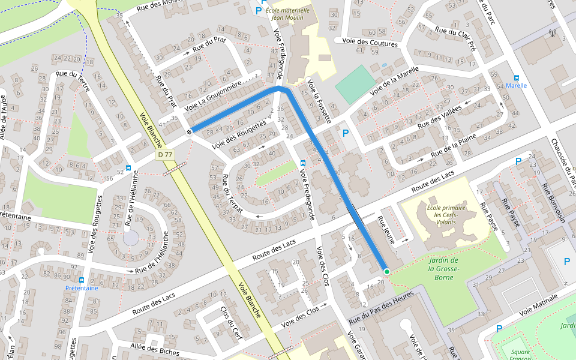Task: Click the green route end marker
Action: [387, 272]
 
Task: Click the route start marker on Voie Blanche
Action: [190, 131]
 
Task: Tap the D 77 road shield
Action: [165, 155]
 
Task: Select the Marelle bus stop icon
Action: [517, 77]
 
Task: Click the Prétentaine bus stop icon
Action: [82, 280]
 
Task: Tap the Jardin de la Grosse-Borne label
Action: [443, 268]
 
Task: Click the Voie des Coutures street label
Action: [370, 43]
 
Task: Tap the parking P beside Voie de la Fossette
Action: [346, 133]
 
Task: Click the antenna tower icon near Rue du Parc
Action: [552, 34]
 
